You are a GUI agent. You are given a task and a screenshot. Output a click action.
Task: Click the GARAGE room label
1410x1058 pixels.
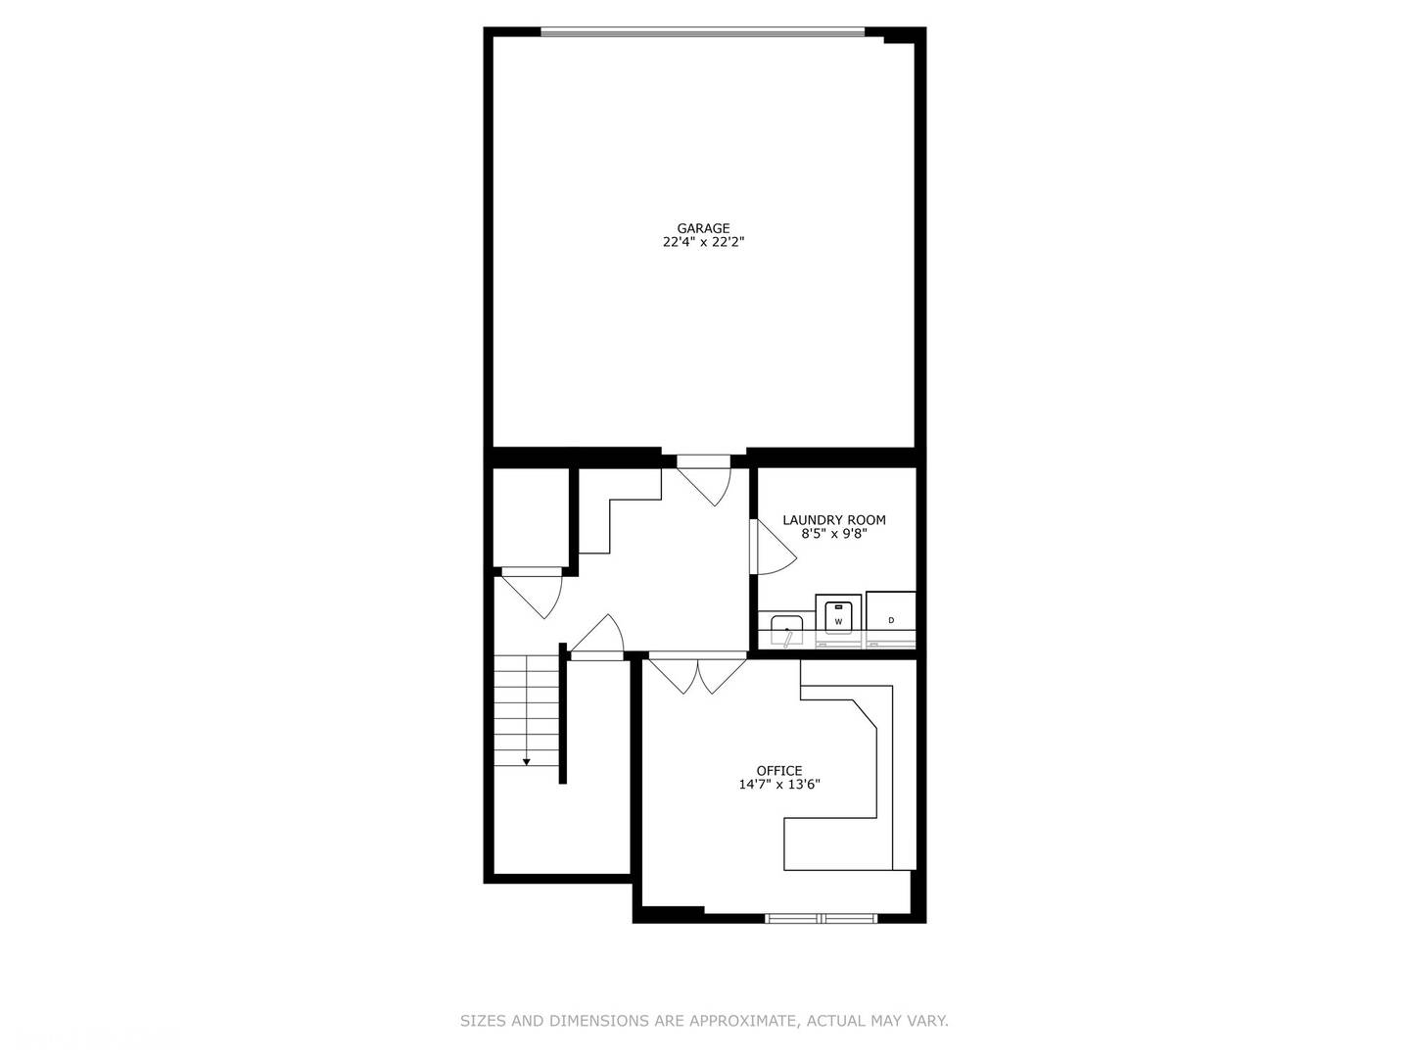tap(703, 228)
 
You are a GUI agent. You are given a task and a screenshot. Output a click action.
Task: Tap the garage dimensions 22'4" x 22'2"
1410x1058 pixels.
tap(703, 242)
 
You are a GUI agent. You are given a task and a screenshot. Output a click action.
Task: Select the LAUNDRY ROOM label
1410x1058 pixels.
tap(833, 519)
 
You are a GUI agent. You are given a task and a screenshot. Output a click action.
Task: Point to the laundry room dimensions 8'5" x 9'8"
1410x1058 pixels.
tap(833, 534)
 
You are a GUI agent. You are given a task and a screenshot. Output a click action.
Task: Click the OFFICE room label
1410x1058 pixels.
tap(778, 770)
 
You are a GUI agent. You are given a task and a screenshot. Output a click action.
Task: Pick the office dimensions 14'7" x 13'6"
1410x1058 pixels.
tap(778, 785)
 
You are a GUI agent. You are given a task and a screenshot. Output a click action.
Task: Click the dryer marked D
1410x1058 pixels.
tap(890, 619)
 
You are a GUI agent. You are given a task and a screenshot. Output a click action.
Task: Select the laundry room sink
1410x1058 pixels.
tap(787, 630)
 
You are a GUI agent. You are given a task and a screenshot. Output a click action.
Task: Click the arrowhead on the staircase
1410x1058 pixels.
tap(526, 762)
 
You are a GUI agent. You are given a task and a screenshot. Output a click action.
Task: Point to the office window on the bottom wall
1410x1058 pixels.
tap(821, 918)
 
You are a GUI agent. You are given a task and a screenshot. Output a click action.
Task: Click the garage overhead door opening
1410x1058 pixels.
tap(703, 31)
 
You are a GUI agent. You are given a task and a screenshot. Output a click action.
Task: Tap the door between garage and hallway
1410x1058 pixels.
tap(704, 479)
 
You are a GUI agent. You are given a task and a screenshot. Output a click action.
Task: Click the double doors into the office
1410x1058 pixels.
tap(697, 673)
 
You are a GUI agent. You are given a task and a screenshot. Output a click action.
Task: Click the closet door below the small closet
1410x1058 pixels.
tap(532, 593)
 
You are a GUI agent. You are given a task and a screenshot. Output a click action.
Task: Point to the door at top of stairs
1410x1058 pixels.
tap(596, 637)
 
